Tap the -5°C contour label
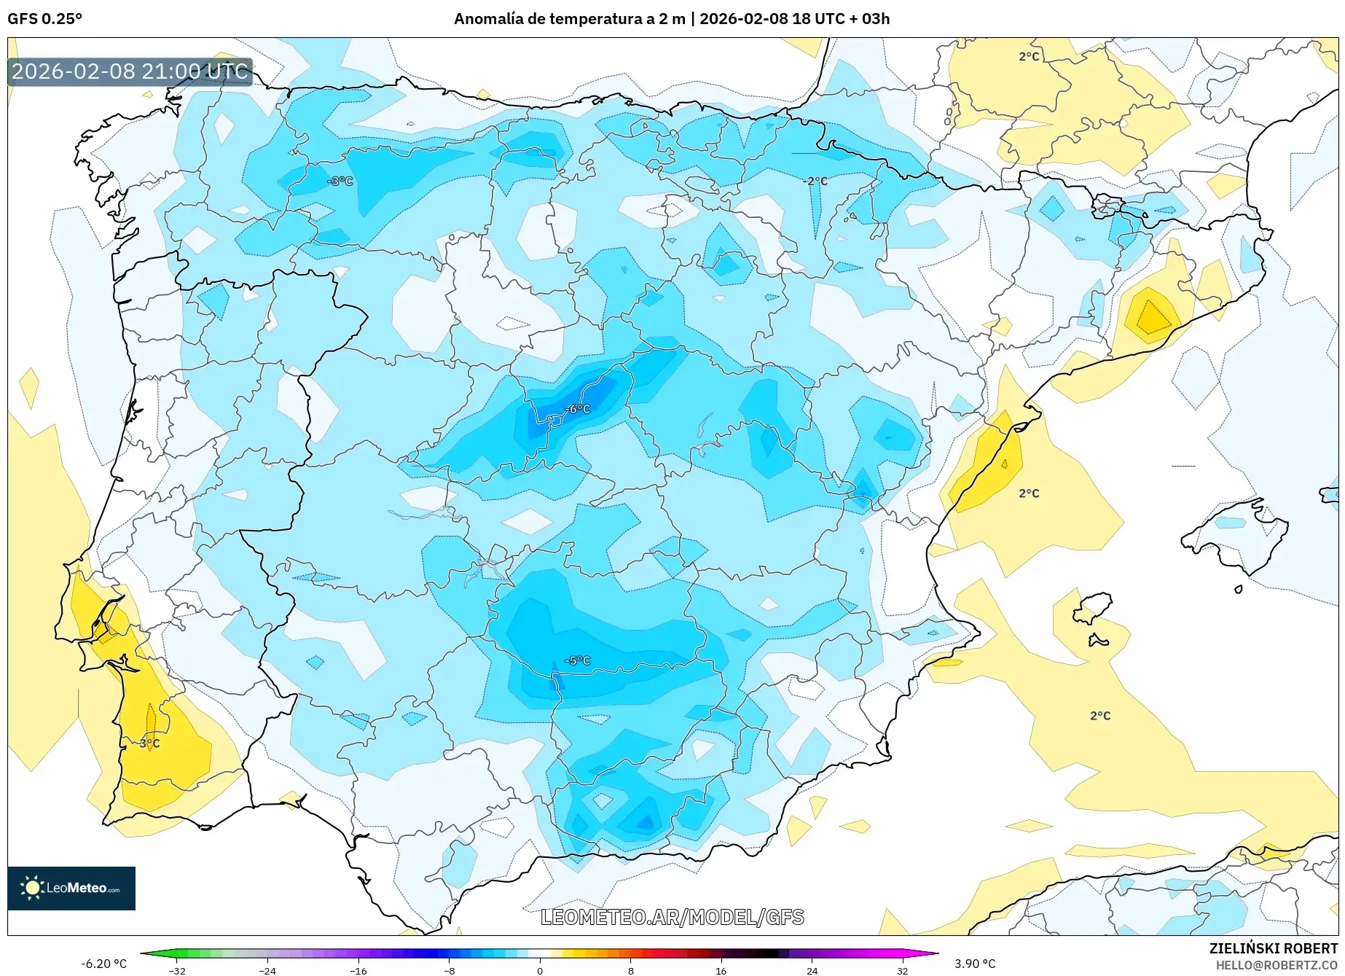point(579,660)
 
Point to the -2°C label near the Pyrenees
point(817,181)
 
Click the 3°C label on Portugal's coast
point(150,743)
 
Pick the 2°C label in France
point(1029,57)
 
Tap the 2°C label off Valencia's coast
point(1029,493)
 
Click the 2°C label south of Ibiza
point(1100,716)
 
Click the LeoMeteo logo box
point(71,888)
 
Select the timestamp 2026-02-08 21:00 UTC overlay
point(130,71)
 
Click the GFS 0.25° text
point(44,19)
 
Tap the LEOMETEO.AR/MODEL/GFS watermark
point(672,917)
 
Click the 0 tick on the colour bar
point(540,971)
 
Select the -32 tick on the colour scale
point(177,971)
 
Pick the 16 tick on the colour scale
point(721,971)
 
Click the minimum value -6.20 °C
point(103,964)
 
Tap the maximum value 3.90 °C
point(975,964)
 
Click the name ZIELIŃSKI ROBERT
point(1274,949)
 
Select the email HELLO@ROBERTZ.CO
point(1277,965)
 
